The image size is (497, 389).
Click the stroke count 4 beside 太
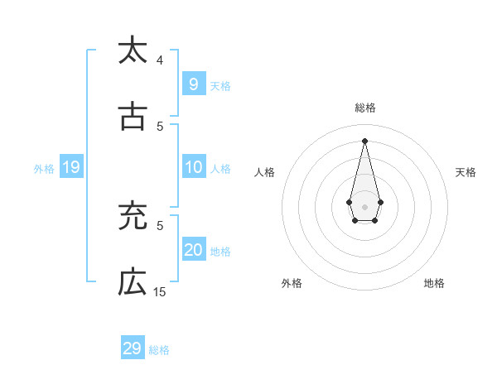160,60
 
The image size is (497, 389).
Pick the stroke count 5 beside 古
160,127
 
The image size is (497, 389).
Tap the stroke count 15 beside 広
160,292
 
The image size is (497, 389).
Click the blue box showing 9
193,84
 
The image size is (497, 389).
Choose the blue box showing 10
193,167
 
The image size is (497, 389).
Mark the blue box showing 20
193,250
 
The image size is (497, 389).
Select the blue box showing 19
70,167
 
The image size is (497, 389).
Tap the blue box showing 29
132,348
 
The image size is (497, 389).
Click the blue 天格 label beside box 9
220,85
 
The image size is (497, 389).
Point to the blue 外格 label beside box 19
44,169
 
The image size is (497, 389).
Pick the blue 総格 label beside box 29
159,350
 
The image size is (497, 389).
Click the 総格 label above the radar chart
364,108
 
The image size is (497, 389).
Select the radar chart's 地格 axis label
434,283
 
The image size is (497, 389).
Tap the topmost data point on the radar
364,140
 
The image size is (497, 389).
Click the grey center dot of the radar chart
364,206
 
